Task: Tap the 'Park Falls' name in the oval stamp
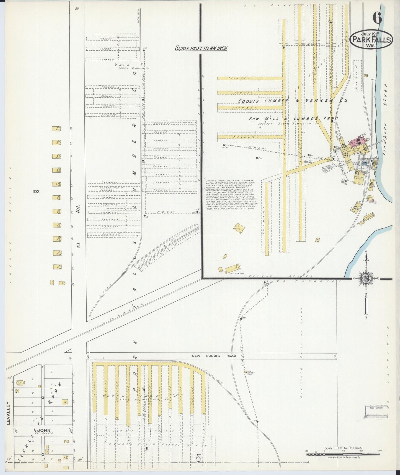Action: (x=371, y=40)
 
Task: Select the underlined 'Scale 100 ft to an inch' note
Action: (x=201, y=48)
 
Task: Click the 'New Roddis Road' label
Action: (x=214, y=356)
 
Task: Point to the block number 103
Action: (x=36, y=191)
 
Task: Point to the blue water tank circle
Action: (x=331, y=168)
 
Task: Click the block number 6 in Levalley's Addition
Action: (x=43, y=397)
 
